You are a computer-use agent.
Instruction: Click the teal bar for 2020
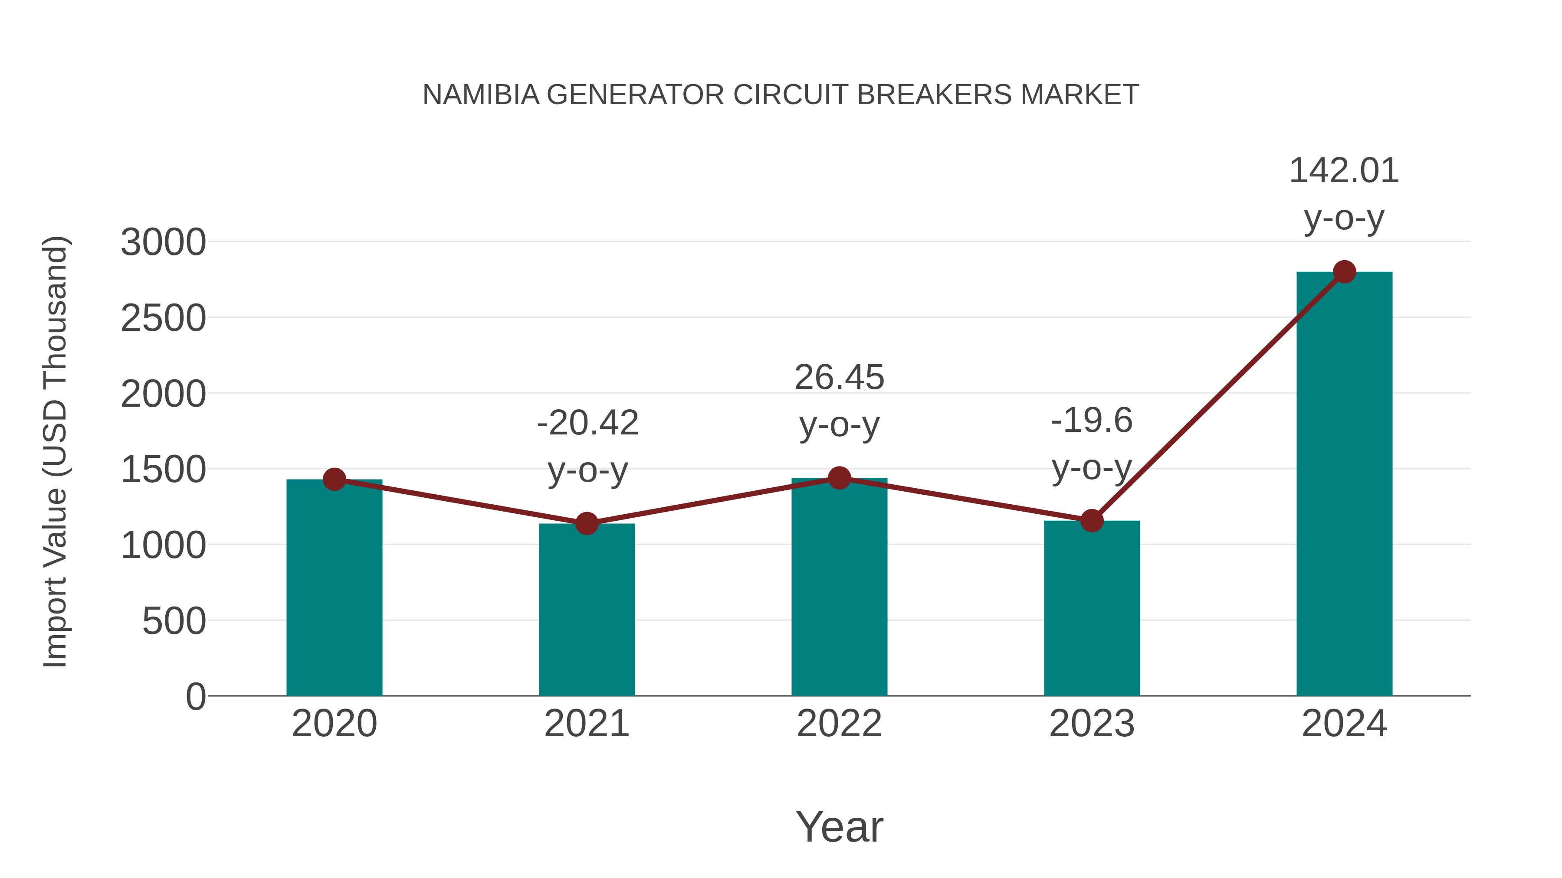[334, 588]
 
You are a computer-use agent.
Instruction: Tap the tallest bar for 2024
[1344, 485]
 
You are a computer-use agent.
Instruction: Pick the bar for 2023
[1092, 608]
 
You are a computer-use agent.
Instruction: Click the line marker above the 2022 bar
[839, 478]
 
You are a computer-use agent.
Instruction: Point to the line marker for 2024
[1344, 272]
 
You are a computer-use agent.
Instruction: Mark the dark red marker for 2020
[334, 479]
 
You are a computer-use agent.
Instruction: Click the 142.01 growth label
[1344, 171]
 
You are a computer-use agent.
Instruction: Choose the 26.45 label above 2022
[839, 378]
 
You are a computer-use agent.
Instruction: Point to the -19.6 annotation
[1092, 421]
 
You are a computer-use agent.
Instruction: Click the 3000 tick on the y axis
[163, 242]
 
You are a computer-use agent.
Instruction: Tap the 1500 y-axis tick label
[163, 470]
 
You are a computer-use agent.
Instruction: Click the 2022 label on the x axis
[839, 724]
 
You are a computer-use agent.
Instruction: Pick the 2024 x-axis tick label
[1344, 724]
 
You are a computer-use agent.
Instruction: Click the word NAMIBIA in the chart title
[481, 95]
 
